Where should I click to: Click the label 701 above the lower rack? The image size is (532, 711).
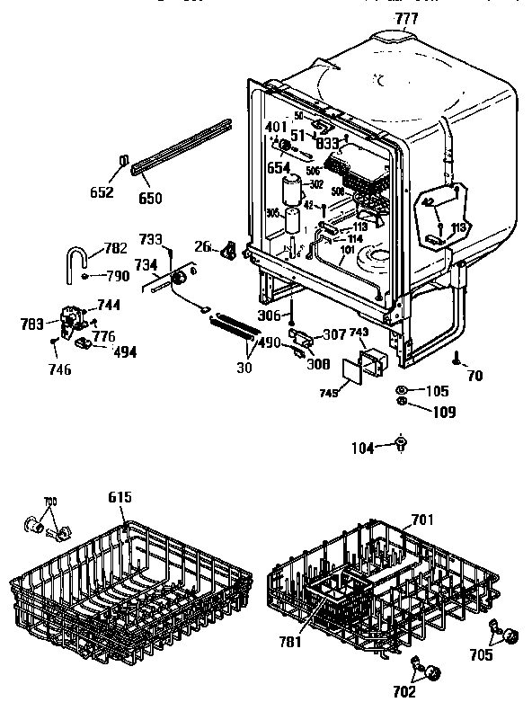click(x=422, y=519)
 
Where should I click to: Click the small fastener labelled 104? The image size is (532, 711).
click(x=401, y=444)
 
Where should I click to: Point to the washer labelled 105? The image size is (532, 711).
click(x=401, y=391)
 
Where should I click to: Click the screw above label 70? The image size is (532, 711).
click(x=457, y=358)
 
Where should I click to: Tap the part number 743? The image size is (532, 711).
click(x=359, y=333)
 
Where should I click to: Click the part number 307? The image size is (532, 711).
click(x=335, y=335)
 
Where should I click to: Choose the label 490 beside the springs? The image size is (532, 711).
click(x=270, y=342)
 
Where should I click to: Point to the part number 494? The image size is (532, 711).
click(x=124, y=351)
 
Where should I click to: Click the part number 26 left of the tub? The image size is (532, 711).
click(x=202, y=247)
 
